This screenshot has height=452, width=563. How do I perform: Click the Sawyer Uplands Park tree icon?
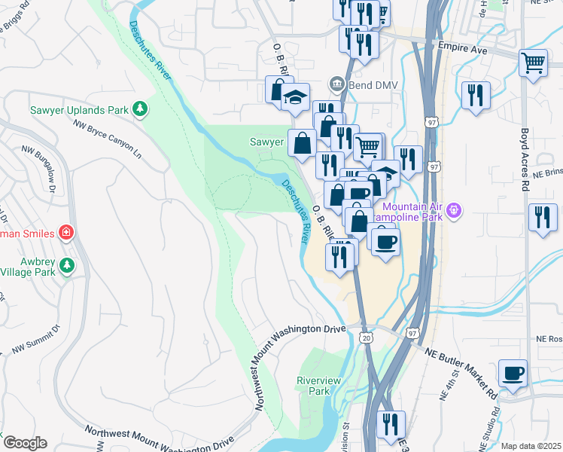pos(139,110)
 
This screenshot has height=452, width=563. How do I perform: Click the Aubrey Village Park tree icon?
pos(67,265)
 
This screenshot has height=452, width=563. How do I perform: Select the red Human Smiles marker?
pos(66,233)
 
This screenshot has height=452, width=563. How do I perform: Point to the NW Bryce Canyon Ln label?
pos(107,138)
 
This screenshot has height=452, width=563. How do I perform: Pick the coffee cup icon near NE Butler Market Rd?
pos(513,372)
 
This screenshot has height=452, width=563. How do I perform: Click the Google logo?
pos(24,442)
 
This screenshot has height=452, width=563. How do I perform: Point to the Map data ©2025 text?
pos(531,446)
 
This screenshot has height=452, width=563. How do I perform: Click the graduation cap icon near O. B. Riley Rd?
pos(296,96)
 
